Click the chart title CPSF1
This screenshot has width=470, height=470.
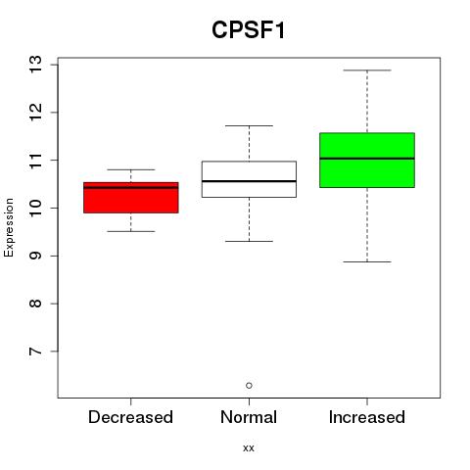click(249, 30)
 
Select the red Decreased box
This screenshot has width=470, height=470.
click(131, 198)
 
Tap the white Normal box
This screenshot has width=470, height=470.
click(249, 179)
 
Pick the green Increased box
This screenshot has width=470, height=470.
click(367, 161)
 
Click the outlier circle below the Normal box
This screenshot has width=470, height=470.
click(249, 386)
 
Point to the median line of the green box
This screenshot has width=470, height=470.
click(367, 159)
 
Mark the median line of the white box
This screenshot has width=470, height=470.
click(249, 181)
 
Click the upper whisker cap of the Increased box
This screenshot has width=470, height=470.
click(367, 70)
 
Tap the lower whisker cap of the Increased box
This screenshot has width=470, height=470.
click(367, 261)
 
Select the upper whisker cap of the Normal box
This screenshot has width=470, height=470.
click(249, 125)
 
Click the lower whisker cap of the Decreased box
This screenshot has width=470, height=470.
click(131, 231)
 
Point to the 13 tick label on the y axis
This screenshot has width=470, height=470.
click(35, 65)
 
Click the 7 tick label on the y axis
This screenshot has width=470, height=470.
click(35, 352)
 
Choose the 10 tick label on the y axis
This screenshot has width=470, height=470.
click(35, 208)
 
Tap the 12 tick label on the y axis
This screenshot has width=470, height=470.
click(35, 113)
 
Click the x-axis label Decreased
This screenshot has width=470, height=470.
click(130, 417)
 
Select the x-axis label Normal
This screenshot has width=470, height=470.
click(249, 417)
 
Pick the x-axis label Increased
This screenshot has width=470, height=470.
click(367, 417)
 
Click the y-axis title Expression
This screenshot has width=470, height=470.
click(9, 227)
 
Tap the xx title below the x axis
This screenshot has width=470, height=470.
click(249, 448)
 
